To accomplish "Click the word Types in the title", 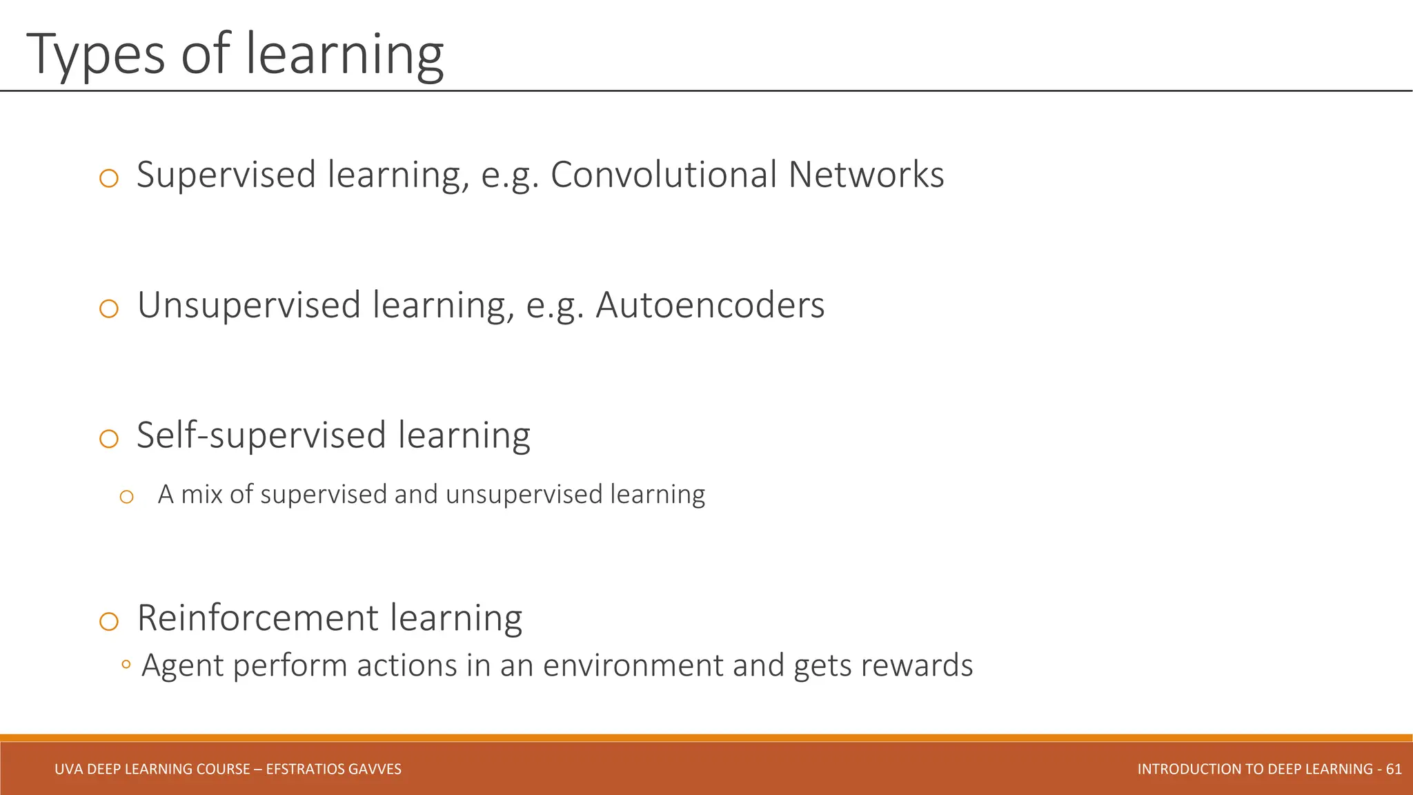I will [95, 55].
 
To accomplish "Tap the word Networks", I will [866, 175].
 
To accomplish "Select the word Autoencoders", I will [710, 305].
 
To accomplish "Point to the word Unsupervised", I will [249, 305].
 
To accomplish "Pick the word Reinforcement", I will [257, 618].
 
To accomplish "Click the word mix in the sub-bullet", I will [201, 495].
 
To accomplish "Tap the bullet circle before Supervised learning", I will [109, 179].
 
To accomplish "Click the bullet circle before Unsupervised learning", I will [109, 308].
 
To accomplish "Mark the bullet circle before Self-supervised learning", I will [109, 439].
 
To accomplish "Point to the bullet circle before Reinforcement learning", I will [109, 621].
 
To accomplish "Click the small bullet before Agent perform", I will [126, 665].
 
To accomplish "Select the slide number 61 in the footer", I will [1393, 769].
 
